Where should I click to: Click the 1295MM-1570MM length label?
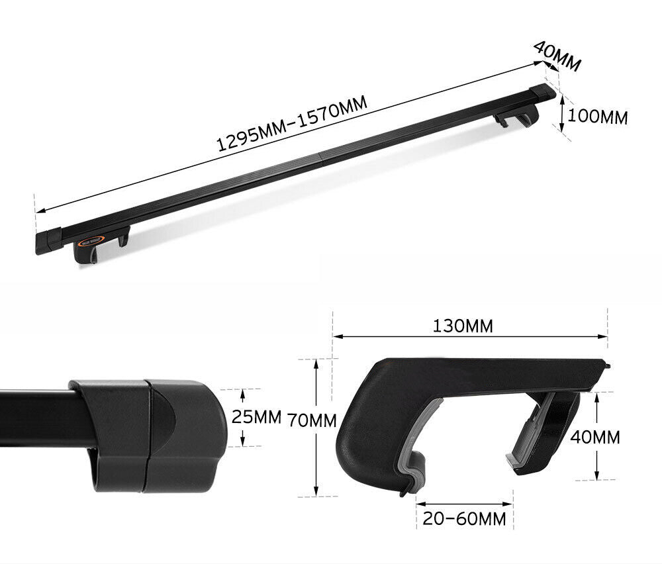click(293, 126)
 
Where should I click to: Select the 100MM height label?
click(598, 117)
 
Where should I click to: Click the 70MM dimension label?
click(312, 420)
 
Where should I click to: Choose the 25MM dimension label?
click(257, 417)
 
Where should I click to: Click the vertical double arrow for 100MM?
click(562, 113)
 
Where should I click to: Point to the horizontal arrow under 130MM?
click(470, 337)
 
